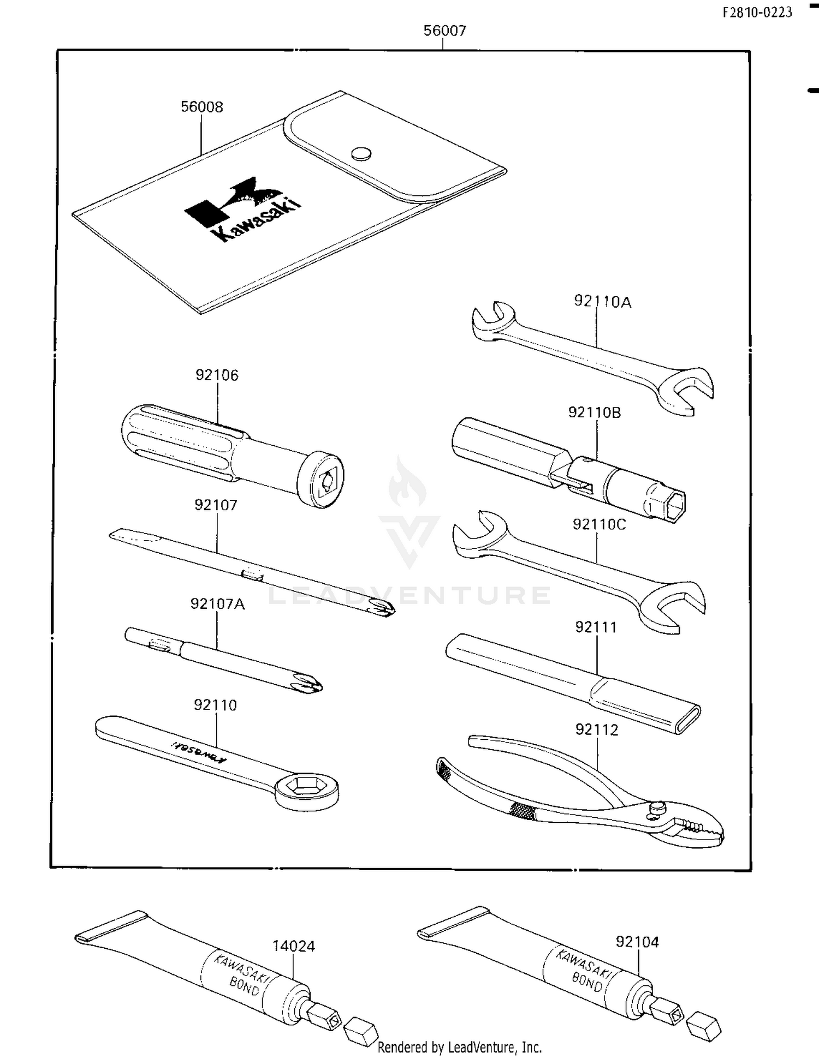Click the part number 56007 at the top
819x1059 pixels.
click(445, 31)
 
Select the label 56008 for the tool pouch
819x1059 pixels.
click(201, 106)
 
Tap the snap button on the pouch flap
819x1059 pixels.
click(361, 154)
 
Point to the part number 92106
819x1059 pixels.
click(217, 375)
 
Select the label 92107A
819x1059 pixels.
click(217, 604)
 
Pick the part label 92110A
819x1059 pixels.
click(602, 302)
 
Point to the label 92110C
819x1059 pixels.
click(599, 524)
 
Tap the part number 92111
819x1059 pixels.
click(596, 627)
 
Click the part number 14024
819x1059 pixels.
click(293, 946)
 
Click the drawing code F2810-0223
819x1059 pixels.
click(757, 13)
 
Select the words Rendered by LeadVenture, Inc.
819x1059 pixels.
click(460, 1047)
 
